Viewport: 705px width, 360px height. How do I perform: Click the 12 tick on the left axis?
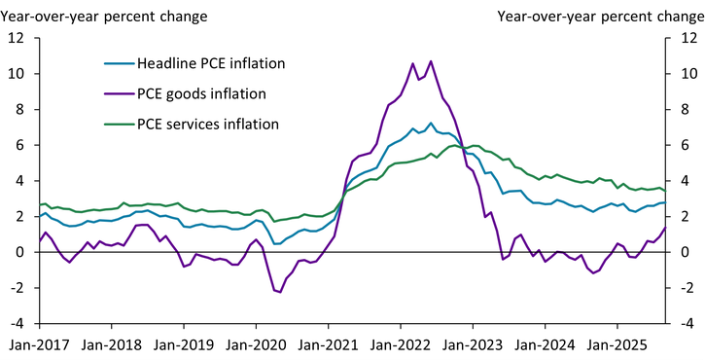17,38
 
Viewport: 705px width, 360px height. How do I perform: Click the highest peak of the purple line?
431,61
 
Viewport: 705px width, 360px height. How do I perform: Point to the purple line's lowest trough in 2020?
279,292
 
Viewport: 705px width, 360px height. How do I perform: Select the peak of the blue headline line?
431,124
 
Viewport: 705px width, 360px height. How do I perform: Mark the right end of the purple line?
665,228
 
